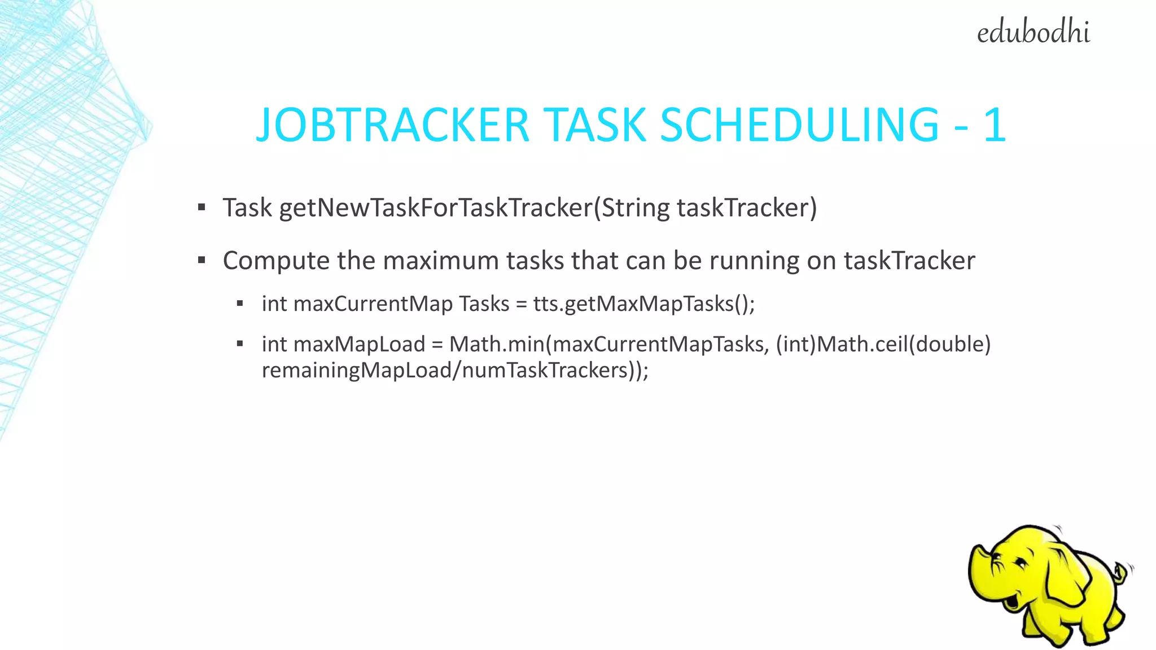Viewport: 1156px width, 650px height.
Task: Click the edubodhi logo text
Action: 1033,33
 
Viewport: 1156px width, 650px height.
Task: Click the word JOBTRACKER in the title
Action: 392,125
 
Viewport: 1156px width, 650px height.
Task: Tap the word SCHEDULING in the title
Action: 799,125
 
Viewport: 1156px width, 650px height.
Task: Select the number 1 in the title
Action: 995,125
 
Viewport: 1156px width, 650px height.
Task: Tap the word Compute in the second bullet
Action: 275,261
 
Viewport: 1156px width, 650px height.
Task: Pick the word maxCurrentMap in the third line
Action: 373,304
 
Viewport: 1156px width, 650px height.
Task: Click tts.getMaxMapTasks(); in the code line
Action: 643,304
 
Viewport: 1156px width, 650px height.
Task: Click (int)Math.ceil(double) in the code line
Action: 883,344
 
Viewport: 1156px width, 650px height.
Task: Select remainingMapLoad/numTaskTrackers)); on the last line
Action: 455,371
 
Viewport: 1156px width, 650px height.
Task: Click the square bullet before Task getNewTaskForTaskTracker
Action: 202,208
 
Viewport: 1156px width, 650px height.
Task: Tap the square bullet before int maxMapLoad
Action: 240,344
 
